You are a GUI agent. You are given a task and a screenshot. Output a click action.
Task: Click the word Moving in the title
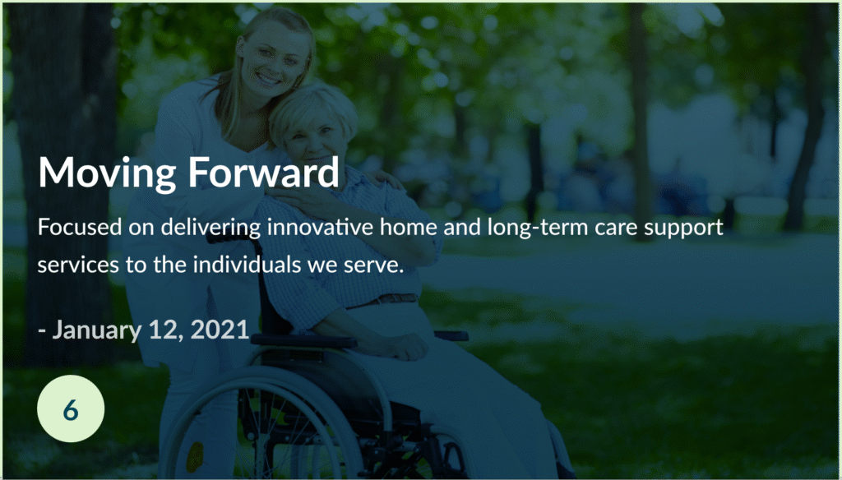pyautogui.click(x=108, y=173)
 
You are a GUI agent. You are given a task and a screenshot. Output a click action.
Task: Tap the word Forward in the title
pyautogui.click(x=264, y=172)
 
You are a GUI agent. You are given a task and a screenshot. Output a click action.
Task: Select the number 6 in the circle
pyautogui.click(x=71, y=410)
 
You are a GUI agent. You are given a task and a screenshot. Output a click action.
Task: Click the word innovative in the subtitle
pyautogui.click(x=321, y=227)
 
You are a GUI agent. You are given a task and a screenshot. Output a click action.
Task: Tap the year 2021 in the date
pyautogui.click(x=220, y=329)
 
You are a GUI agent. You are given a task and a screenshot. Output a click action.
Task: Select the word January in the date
pyautogui.click(x=97, y=330)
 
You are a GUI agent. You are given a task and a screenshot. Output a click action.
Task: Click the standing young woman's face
pyautogui.click(x=272, y=58)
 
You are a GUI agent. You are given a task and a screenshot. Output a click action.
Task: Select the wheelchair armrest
pyautogui.click(x=304, y=340)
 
